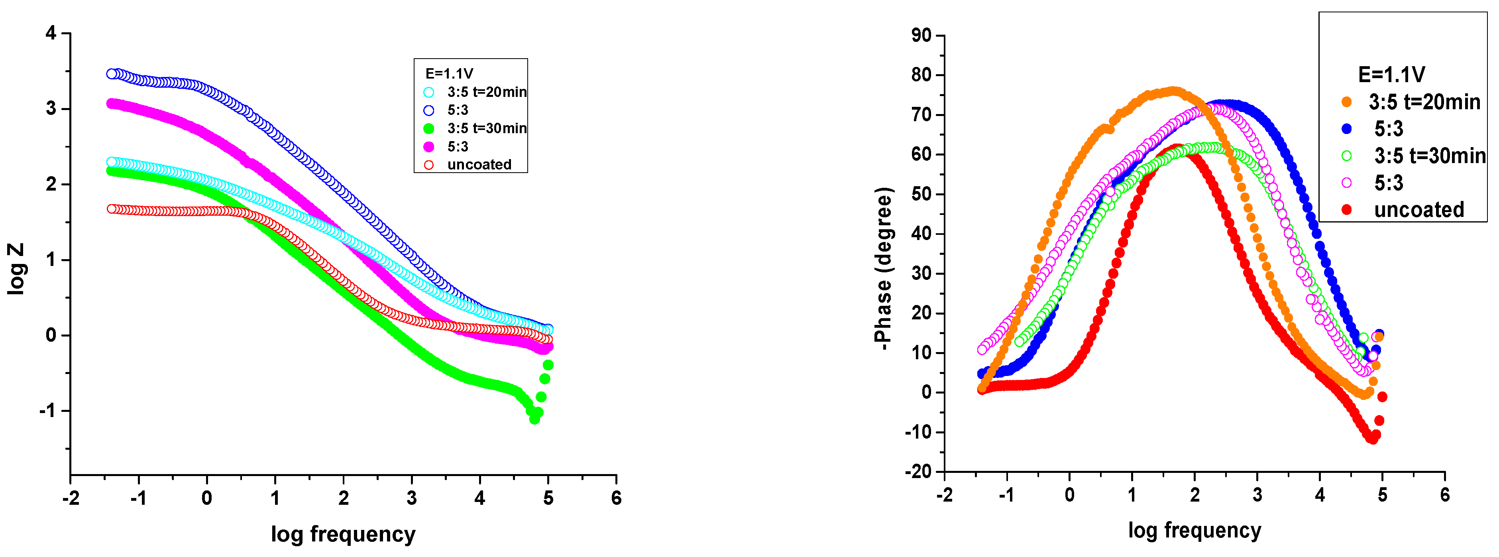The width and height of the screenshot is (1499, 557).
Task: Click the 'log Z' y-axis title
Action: coord(16,269)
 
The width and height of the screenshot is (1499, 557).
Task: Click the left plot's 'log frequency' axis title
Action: coord(343,534)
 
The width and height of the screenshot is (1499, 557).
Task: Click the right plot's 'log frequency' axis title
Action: coord(1194,530)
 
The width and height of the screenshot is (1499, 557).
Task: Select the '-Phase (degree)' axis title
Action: coord(883,269)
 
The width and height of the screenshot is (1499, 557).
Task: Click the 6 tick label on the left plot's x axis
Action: coord(616,498)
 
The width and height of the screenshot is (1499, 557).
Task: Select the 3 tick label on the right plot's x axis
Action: coord(1257,495)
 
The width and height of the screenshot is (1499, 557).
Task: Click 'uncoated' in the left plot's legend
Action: coord(479,165)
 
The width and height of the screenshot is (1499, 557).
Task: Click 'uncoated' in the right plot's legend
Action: coord(1419,210)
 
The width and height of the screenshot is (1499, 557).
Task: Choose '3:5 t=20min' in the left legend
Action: coord(487,92)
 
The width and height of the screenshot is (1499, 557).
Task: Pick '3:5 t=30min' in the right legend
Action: coord(1430,155)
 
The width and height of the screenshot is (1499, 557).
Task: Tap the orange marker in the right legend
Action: coord(1346,102)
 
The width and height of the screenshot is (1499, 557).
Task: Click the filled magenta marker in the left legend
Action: coord(429,147)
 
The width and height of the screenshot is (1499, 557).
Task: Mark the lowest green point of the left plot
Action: coord(534,419)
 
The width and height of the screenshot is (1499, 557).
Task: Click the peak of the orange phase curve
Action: coord(1173,91)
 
